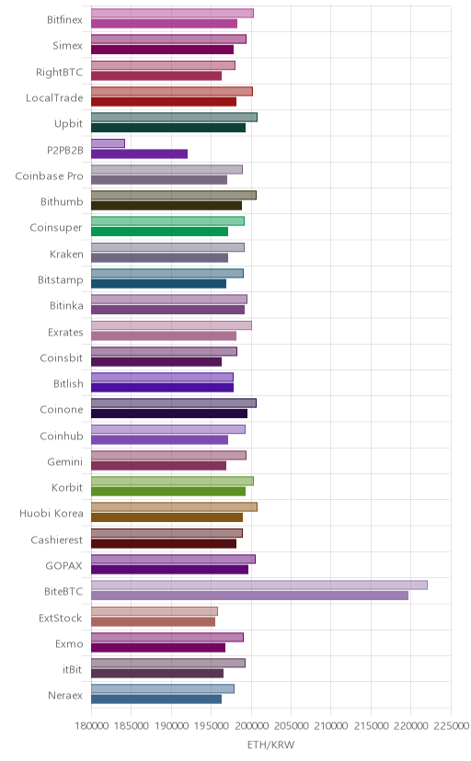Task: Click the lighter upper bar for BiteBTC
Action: click(x=259, y=585)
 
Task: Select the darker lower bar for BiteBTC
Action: click(x=249, y=596)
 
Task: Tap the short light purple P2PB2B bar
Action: click(x=108, y=143)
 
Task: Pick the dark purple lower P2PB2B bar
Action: click(x=139, y=153)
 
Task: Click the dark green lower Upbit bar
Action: click(x=168, y=128)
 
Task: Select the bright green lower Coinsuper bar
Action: click(x=160, y=232)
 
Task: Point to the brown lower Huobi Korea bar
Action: click(x=167, y=517)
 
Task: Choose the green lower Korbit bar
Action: click(x=168, y=491)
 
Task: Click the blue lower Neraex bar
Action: click(x=156, y=699)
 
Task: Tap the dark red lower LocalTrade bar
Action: click(x=164, y=101)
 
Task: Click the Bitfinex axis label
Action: click(x=64, y=20)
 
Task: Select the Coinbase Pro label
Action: click(x=49, y=176)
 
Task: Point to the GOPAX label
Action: click(x=63, y=565)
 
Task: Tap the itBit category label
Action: click(x=72, y=669)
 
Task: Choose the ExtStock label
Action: click(x=61, y=618)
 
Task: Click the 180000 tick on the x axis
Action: click(x=91, y=725)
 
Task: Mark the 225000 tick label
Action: click(x=451, y=725)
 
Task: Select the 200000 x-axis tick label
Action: click(x=251, y=725)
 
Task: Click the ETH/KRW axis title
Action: click(x=271, y=745)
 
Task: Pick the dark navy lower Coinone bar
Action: click(x=169, y=414)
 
